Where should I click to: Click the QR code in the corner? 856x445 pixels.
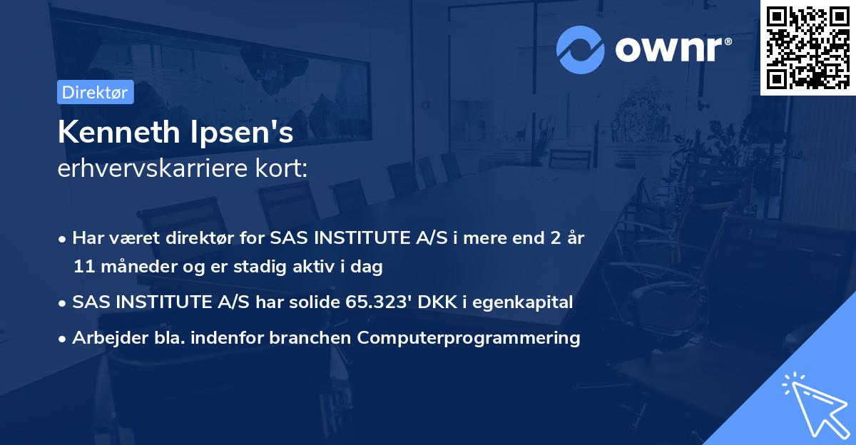pyautogui.click(x=807, y=48)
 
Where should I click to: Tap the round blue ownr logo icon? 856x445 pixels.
pyautogui.click(x=580, y=50)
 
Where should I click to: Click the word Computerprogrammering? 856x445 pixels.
pyautogui.click(x=469, y=338)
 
